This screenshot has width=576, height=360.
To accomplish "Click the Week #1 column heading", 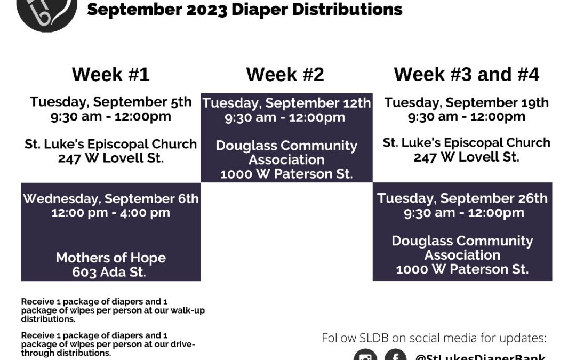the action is coord(110,74).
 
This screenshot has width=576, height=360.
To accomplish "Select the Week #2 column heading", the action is coord(285,74).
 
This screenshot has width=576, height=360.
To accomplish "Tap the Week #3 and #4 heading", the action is coord(466,74).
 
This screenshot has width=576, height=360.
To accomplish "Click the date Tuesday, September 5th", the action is coord(110,102).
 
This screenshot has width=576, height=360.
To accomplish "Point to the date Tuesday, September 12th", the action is coord(286,103).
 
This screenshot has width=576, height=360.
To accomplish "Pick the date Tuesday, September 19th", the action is coord(466,102).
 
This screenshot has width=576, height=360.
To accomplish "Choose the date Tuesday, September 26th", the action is coord(462,198).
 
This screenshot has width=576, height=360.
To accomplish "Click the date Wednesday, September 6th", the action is coord(110,199).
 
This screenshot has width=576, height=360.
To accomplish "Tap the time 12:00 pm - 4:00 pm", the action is coord(110,213).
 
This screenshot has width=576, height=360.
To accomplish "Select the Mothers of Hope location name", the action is coord(110,258).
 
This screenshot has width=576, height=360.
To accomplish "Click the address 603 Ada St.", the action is coord(109,272).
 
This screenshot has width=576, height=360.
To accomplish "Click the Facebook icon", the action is coord(396,355).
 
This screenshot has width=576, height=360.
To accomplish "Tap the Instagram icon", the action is coord(365,355).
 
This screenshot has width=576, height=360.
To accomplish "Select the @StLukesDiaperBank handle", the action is coord(480,357).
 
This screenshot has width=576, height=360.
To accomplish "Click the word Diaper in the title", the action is coord(259,10).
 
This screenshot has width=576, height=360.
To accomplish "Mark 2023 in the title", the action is coord(207,10).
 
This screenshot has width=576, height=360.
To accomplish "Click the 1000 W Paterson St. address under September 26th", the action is coord(462,269).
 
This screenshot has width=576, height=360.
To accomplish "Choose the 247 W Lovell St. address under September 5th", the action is coord(110,158).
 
